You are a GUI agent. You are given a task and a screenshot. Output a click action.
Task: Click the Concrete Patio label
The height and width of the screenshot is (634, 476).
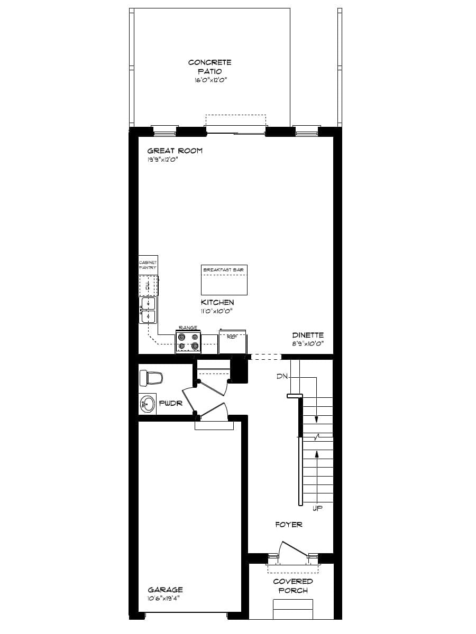click(x=209, y=67)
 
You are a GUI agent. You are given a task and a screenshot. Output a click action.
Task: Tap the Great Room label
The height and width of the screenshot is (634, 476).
click(x=175, y=151)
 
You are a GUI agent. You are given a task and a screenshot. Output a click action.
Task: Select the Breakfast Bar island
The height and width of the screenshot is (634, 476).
click(x=224, y=280)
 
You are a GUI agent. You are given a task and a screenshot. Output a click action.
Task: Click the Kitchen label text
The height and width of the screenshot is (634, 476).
click(x=217, y=302)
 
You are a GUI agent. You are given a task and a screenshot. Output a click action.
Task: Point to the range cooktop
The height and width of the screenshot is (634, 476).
click(x=188, y=341)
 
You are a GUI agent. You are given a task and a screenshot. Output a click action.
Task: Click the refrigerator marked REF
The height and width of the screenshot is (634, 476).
click(x=232, y=341)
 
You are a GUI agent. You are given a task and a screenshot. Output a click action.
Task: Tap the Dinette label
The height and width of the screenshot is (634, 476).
click(x=308, y=335)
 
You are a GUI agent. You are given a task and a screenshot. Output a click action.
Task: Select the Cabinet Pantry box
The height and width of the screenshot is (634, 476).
click(x=148, y=265)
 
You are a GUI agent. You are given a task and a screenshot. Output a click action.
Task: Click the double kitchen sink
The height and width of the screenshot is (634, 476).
click(x=148, y=310)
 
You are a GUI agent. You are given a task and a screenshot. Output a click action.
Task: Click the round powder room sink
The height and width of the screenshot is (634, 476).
click(x=148, y=405)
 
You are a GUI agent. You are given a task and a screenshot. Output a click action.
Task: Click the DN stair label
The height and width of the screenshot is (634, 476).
click(x=281, y=377)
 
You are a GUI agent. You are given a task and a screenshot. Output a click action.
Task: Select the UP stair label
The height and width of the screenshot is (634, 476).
click(x=317, y=508)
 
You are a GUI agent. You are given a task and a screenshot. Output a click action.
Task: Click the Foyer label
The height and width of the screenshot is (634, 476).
click(x=289, y=525)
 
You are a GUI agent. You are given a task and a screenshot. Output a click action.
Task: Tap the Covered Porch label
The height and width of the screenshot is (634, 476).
click(x=293, y=586)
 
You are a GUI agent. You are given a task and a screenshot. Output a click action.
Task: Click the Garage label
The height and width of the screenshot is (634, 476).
click(x=165, y=590)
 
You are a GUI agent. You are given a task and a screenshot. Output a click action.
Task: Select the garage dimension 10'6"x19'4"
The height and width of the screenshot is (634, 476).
click(x=165, y=599)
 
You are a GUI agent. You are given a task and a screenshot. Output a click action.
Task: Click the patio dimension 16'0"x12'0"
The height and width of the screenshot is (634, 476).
click(x=209, y=81)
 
